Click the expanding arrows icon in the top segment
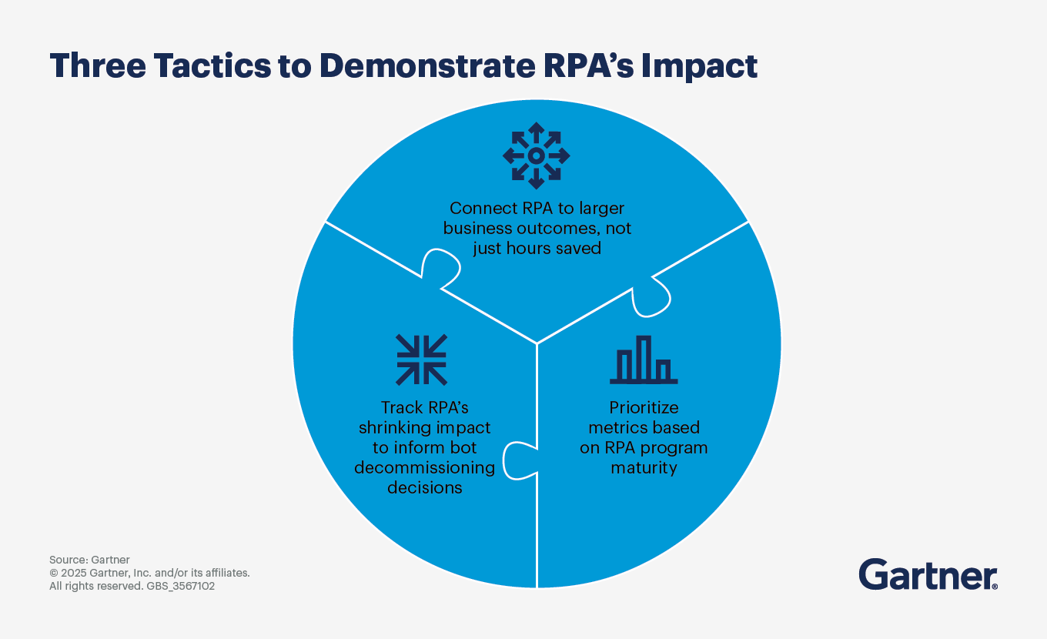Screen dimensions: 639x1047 coord(537,156)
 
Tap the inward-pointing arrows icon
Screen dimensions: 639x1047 coord(421,360)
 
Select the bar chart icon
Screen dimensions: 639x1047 coord(644,360)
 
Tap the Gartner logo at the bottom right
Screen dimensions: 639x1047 coord(928,575)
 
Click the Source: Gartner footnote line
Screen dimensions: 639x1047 coord(89,560)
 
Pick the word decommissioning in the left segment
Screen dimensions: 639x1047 coord(424,467)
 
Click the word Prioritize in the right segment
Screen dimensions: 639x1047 coord(644,407)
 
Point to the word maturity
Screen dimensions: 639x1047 coord(644,467)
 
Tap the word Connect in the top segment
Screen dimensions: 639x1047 coord(477,208)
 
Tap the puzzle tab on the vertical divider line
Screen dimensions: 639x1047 coord(518,462)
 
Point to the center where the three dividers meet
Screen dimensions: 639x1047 coord(537,343)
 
